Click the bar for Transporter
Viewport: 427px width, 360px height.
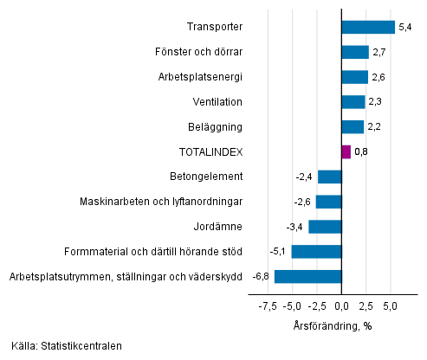368,27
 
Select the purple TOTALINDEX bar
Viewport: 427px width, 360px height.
346,151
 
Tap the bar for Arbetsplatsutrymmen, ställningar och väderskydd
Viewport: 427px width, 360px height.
308,277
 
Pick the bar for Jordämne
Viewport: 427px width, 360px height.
325,227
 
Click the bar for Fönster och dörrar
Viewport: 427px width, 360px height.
355,52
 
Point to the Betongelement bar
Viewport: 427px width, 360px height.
330,177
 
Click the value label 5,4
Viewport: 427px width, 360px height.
404,28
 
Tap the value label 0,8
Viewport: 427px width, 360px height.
361,152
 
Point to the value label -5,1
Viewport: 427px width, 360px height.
279,252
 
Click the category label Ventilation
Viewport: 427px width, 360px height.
217,102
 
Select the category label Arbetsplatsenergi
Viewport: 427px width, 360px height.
202,77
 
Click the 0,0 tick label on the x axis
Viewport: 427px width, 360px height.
342,305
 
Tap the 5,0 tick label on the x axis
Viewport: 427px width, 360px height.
391,305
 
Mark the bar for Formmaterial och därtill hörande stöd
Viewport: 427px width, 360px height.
317,252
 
